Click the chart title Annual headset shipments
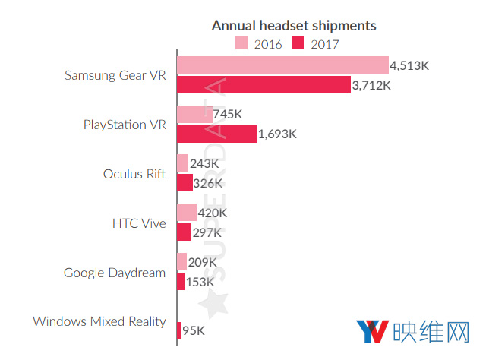click(x=293, y=26)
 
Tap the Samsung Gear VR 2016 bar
click(x=282, y=65)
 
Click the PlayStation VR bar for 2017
click(x=216, y=134)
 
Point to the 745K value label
click(x=229, y=115)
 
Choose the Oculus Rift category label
click(x=134, y=174)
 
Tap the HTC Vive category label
click(x=139, y=223)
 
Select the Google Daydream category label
click(x=115, y=273)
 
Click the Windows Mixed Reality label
click(x=99, y=321)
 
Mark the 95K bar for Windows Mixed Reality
click(x=179, y=330)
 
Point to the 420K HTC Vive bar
click(x=187, y=213)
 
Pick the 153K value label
click(x=200, y=281)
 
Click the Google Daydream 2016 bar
click(x=181, y=262)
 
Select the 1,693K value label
click(x=278, y=134)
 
